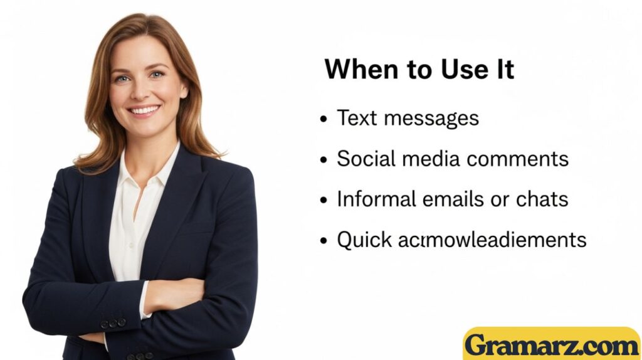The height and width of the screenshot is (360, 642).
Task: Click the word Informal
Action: (375, 199)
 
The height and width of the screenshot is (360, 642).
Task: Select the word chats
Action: (542, 199)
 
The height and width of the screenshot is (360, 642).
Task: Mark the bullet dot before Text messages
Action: (324, 119)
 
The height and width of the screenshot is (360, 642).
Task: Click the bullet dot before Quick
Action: (324, 241)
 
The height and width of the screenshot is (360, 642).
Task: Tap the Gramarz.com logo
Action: (551, 345)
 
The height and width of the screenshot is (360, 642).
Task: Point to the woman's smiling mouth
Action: (144, 111)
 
